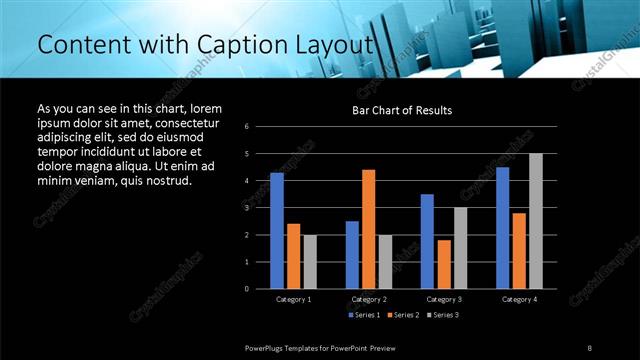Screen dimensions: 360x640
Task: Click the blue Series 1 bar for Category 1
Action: [x=277, y=230]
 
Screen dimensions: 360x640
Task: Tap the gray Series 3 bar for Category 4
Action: [x=536, y=221]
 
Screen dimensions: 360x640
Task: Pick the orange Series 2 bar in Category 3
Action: [x=444, y=264]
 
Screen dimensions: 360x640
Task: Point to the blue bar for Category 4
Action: [x=502, y=227]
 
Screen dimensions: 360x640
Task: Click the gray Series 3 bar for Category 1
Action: [x=310, y=261]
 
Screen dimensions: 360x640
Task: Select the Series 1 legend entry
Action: [x=364, y=315]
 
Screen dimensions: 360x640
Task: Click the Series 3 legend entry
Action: [x=444, y=315]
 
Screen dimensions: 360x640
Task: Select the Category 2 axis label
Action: [x=369, y=299]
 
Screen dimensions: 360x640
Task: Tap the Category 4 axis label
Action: [x=518, y=299]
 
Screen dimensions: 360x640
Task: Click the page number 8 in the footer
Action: [x=590, y=347]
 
